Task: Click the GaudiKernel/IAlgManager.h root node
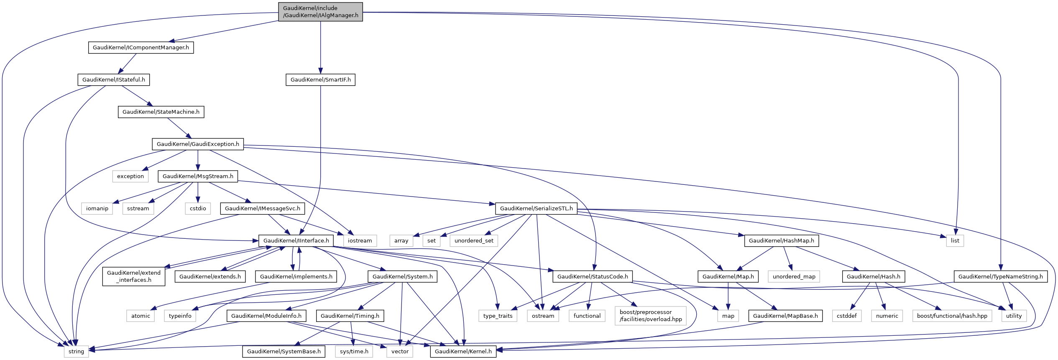[x=320, y=12]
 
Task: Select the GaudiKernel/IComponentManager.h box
[x=141, y=48]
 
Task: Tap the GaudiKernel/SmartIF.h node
[x=321, y=80]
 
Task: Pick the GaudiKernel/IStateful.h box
[x=114, y=80]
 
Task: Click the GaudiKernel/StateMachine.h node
[x=161, y=112]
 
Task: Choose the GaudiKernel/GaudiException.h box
[x=198, y=144]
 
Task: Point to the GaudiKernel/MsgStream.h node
[x=198, y=176]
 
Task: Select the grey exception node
[x=130, y=176]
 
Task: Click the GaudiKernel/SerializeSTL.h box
[x=537, y=209]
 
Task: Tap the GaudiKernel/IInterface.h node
[x=296, y=241]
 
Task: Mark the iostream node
[x=360, y=241]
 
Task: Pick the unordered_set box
[x=474, y=241]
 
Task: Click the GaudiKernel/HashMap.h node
[x=782, y=241]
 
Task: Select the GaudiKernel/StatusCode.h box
[x=593, y=277]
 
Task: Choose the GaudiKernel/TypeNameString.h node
[x=1001, y=277]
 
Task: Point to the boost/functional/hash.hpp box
[x=952, y=316]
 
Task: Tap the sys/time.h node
[x=354, y=352]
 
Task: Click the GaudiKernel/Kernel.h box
[x=463, y=352]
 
